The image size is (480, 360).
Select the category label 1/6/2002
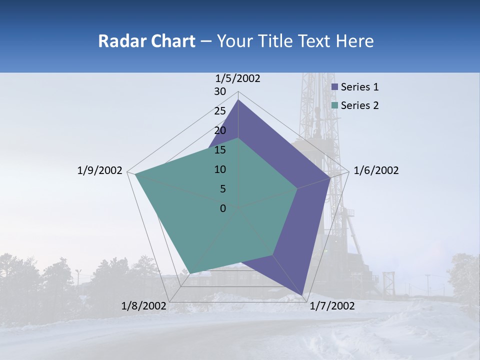[x=376, y=170]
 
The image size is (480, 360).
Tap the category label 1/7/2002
[x=332, y=306]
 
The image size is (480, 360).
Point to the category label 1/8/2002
[x=143, y=306]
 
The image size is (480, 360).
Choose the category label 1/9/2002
[x=99, y=170]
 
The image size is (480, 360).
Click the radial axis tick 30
[x=220, y=91]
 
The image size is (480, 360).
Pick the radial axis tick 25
[x=220, y=111]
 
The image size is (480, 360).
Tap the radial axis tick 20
[x=220, y=130]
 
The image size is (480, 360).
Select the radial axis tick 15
[x=220, y=150]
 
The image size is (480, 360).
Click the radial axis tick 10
[x=220, y=169]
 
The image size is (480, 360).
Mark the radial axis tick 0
[x=223, y=208]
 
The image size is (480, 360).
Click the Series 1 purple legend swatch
[x=335, y=87]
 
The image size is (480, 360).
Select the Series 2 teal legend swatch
[x=335, y=105]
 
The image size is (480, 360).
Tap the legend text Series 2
[x=359, y=105]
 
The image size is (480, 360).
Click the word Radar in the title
[x=120, y=41]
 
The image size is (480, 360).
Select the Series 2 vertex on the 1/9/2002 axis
[x=135, y=174]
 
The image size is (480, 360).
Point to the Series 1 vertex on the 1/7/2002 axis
[x=302, y=295]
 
